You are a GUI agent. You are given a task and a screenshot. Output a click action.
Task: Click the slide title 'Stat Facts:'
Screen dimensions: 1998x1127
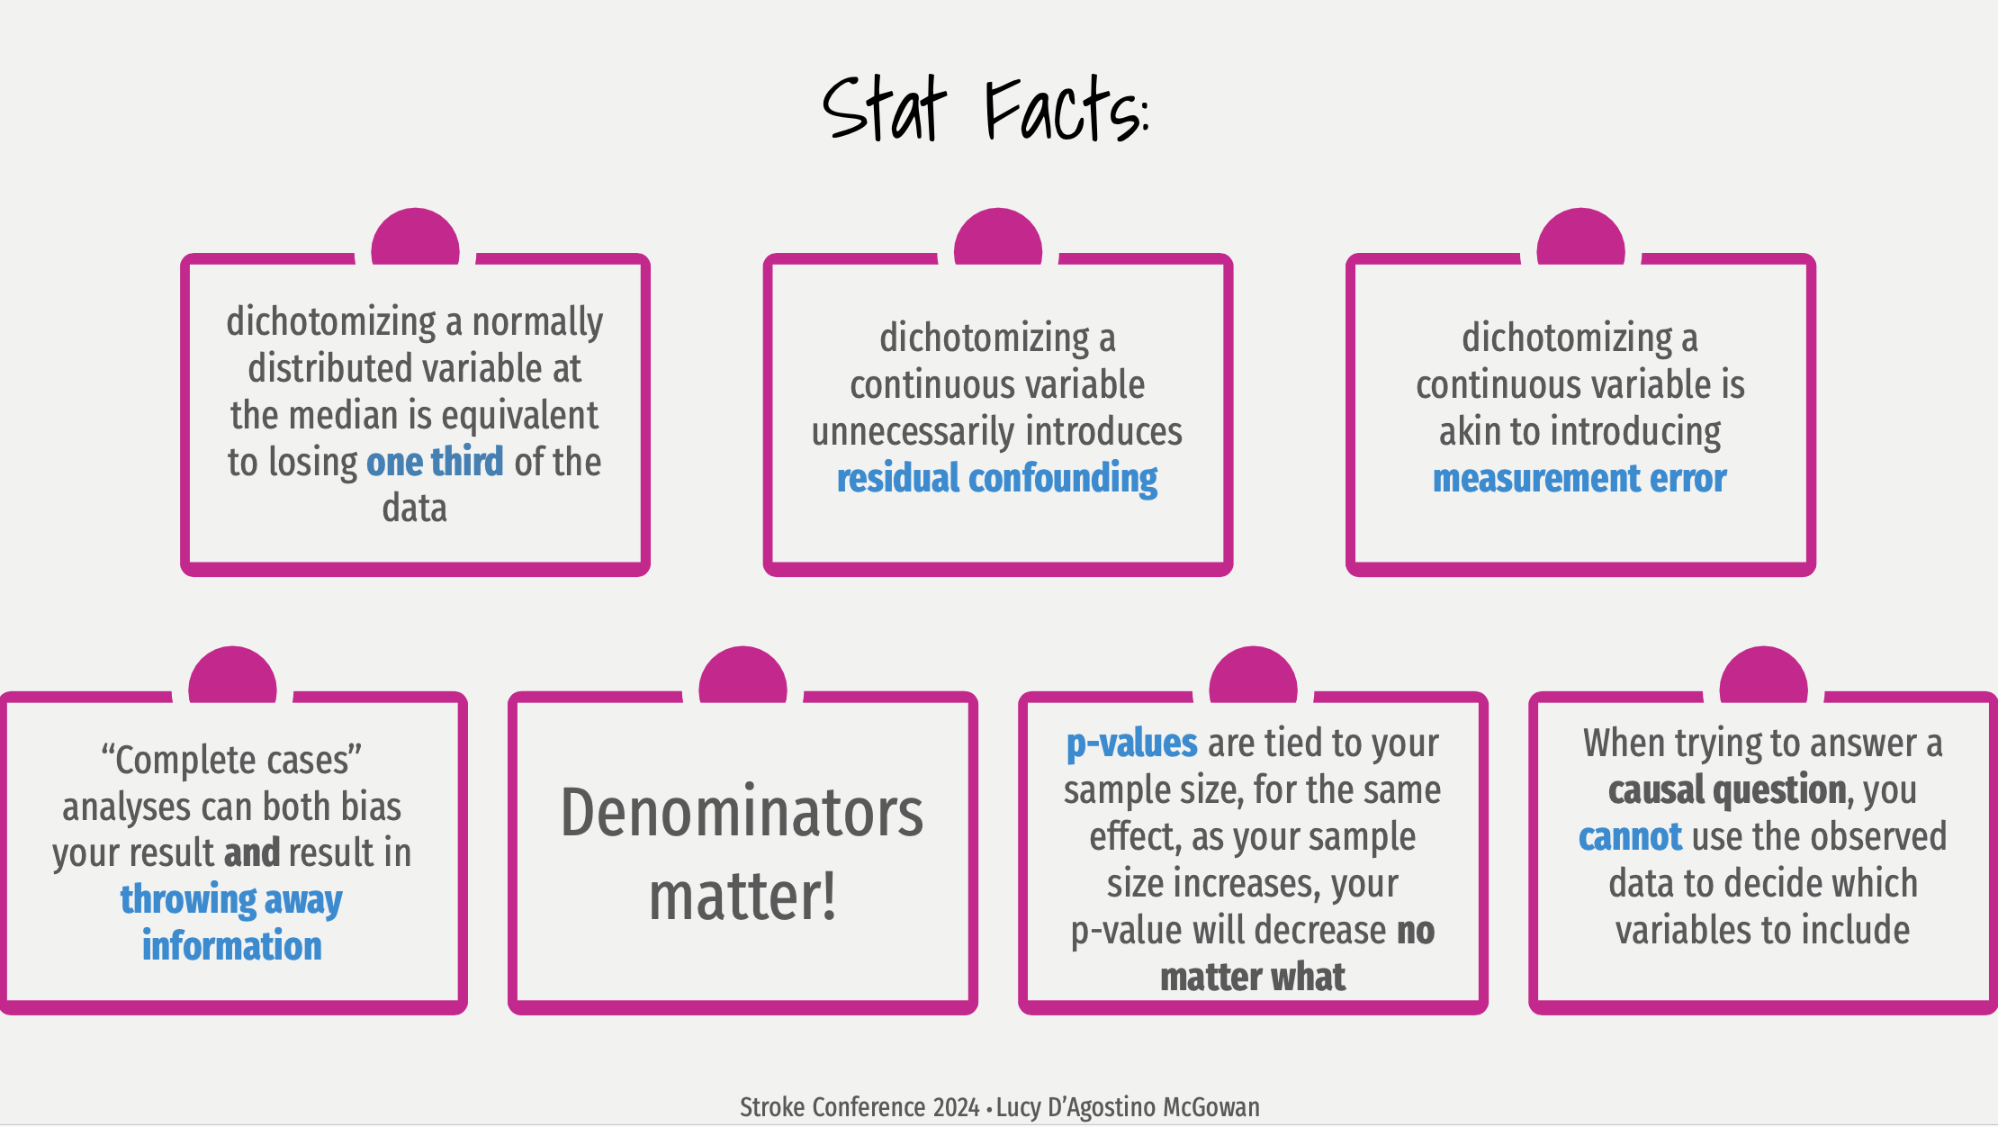[x=986, y=109]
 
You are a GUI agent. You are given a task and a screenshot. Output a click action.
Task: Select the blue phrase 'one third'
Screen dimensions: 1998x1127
[x=435, y=462]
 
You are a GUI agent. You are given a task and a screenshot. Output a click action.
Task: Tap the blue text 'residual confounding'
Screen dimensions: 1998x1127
[x=997, y=479]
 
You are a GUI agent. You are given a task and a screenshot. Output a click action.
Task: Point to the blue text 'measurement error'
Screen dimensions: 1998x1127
[x=1579, y=478]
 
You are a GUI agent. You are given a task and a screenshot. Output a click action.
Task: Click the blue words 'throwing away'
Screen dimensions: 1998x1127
[x=231, y=899]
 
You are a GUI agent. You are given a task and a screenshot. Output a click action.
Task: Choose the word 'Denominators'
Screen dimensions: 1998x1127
[x=742, y=813]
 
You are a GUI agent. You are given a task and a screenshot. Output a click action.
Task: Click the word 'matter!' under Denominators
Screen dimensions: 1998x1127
[x=742, y=897]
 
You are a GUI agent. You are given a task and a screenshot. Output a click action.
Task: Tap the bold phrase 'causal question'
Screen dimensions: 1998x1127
[x=1727, y=790]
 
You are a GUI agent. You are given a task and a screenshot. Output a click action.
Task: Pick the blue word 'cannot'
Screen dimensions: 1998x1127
[x=1630, y=837]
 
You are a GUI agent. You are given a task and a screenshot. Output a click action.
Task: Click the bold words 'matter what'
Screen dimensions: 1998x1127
[x=1253, y=978]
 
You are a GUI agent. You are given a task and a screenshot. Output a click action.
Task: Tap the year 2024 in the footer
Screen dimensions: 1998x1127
[x=956, y=1107]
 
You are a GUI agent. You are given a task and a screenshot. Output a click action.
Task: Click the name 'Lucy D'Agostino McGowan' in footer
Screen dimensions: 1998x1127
[x=1128, y=1107]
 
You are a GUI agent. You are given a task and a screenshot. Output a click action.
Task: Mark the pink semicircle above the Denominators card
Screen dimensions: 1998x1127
[x=742, y=674]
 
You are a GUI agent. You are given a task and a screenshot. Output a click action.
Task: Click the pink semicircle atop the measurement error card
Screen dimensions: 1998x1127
[x=1580, y=236]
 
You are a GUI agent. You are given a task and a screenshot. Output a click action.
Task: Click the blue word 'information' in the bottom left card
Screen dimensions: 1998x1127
[x=231, y=946]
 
